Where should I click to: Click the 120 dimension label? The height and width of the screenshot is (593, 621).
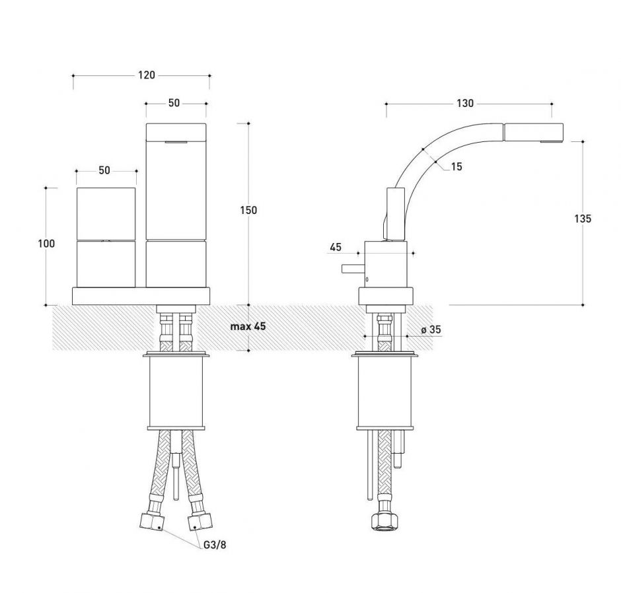click(x=146, y=75)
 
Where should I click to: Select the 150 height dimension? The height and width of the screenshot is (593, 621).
click(x=249, y=210)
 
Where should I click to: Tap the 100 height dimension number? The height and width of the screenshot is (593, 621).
click(x=46, y=243)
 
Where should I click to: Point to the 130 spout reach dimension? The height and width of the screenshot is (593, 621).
click(x=464, y=103)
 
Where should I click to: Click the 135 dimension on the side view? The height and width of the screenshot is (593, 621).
click(x=583, y=219)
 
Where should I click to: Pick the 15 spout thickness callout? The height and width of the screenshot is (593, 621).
click(x=457, y=167)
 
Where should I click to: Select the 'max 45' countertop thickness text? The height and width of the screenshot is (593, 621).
click(x=248, y=327)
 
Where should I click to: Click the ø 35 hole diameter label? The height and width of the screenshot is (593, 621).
click(x=431, y=330)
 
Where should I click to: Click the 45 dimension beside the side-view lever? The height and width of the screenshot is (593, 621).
click(x=335, y=248)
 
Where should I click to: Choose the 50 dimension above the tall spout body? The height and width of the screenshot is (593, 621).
click(x=174, y=103)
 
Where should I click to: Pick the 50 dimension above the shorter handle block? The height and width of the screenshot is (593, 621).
click(x=104, y=170)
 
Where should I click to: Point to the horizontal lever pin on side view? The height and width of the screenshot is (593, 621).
click(x=350, y=268)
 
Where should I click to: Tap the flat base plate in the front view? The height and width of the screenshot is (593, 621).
click(x=142, y=296)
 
